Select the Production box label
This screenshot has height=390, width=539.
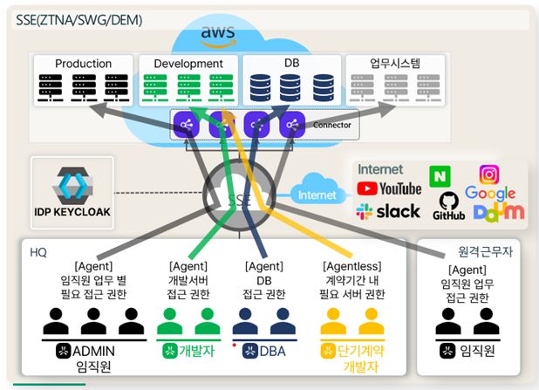(84, 64)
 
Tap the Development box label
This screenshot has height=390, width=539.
(188, 64)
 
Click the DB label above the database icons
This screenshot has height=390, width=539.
(292, 64)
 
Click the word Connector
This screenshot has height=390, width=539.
(331, 126)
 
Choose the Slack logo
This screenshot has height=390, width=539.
(388, 211)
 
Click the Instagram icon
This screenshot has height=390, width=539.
(489, 174)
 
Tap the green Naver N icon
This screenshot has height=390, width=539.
(438, 175)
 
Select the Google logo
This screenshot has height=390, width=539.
(490, 193)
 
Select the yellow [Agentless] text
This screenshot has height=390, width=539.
(353, 265)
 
